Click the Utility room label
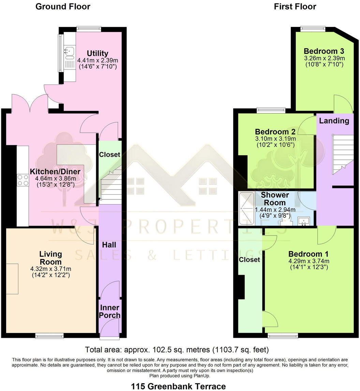[97, 53]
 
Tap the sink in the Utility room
[69, 52]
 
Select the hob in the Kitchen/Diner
[23, 180]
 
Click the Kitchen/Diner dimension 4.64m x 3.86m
[55, 178]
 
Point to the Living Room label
[50, 258]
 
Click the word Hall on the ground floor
[109, 245]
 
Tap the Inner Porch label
[109, 311]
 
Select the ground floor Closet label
[109, 154]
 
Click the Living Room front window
[49, 336]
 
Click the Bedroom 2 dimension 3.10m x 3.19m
[275, 139]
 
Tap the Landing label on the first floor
[334, 121]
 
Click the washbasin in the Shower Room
[304, 221]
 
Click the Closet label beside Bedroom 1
[250, 260]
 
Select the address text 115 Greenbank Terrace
[178, 386]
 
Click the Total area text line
[177, 349]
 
